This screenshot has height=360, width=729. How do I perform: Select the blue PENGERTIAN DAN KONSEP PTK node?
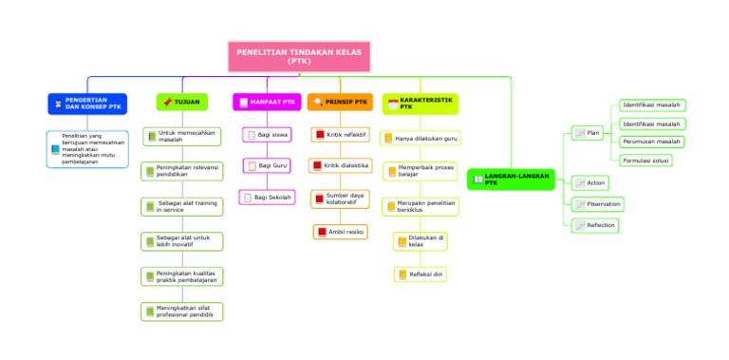coord(87,103)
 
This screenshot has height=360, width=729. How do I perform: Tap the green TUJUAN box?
coord(181,102)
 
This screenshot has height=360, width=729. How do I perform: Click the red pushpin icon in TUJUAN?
coord(168,102)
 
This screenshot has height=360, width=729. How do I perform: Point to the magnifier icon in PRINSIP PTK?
coord(318,102)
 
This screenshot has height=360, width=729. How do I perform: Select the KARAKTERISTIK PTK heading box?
coord(420,103)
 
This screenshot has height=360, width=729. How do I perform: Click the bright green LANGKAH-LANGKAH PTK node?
coord(510,179)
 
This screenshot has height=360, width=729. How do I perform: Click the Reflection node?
coord(595,225)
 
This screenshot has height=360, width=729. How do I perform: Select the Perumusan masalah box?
coord(651,142)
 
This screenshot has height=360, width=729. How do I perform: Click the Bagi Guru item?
coord(267,166)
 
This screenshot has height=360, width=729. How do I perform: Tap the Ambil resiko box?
coord(339,232)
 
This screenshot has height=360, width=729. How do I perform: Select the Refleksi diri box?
coord(421,275)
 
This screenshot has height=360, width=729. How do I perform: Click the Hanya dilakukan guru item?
coord(421,139)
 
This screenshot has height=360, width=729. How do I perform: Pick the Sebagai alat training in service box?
coord(182,206)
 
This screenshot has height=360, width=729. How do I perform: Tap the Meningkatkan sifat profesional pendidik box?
coord(182,311)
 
